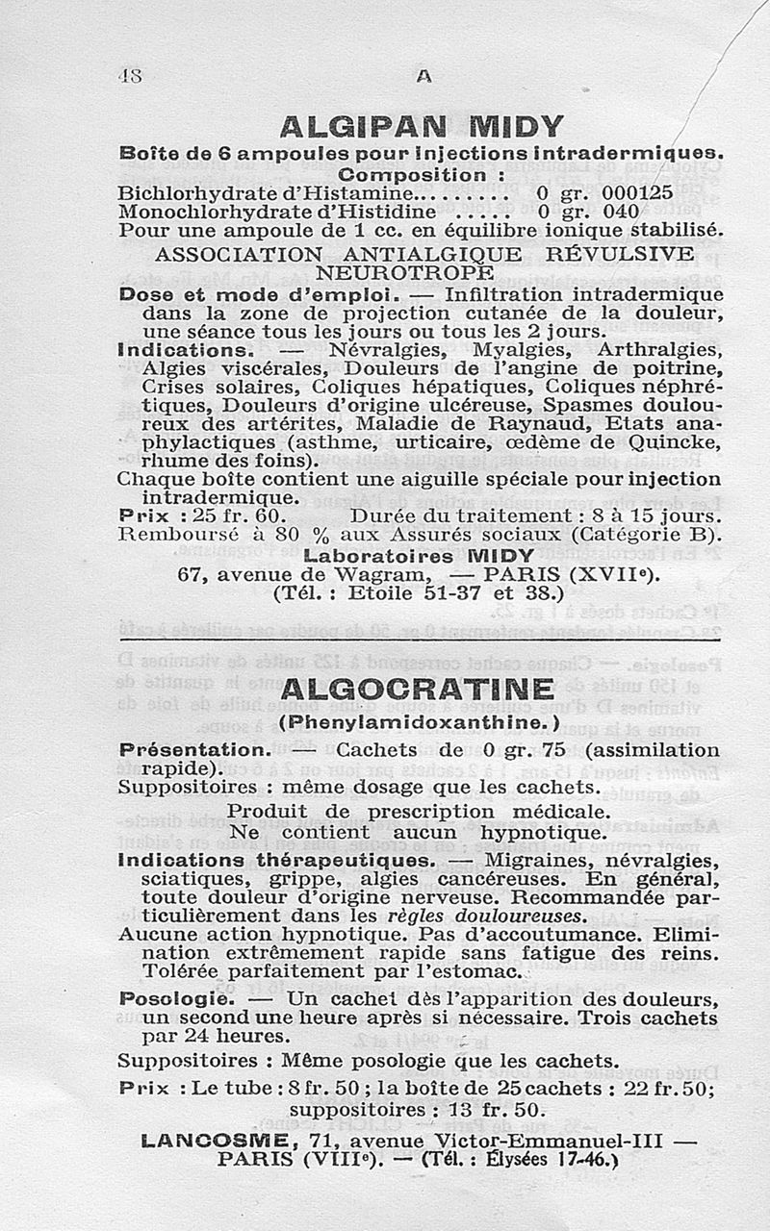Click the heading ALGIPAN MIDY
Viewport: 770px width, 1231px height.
pyautogui.click(x=421, y=126)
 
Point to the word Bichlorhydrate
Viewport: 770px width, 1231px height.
pyautogui.click(x=182, y=191)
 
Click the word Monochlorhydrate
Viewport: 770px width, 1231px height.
pyautogui.click(x=196, y=211)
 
